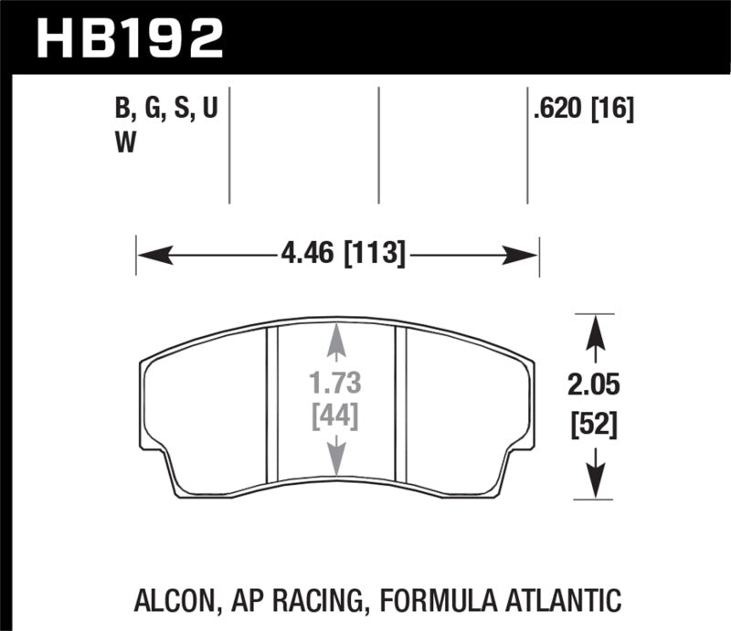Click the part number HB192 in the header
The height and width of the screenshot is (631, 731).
[128, 37]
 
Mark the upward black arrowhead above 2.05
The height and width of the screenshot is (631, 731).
[595, 329]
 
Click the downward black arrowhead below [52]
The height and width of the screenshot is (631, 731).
[595, 485]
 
